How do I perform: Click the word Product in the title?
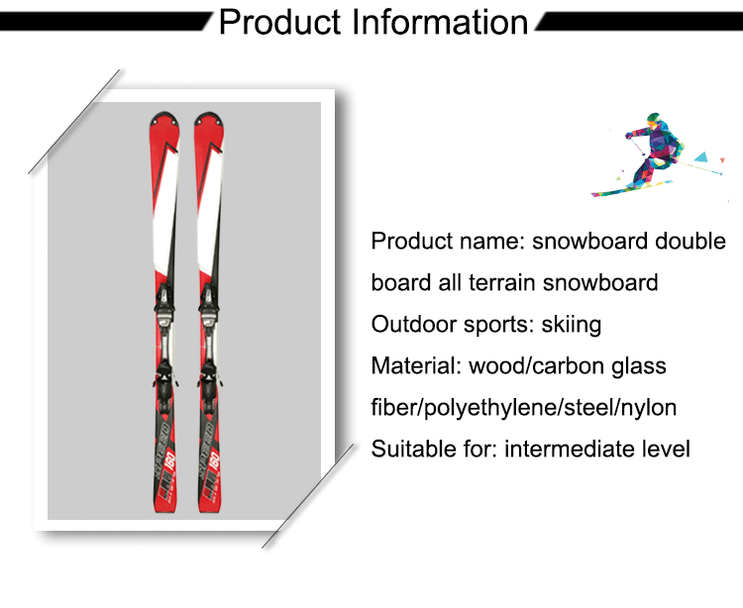(x=279, y=22)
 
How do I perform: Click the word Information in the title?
(x=439, y=22)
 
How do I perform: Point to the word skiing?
(x=571, y=326)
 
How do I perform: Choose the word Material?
(x=416, y=366)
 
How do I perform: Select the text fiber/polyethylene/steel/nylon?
(x=524, y=408)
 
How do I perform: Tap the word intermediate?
(x=569, y=449)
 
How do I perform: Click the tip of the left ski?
(x=163, y=113)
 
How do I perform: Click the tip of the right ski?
(x=209, y=113)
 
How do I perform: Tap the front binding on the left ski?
(x=163, y=302)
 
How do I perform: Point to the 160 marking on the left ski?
(x=170, y=461)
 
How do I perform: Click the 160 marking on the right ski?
(x=214, y=461)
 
